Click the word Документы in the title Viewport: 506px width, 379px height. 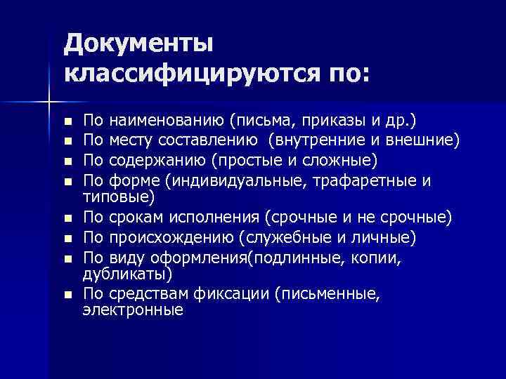138,44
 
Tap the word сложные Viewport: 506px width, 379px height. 342,161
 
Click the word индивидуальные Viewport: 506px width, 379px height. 223,181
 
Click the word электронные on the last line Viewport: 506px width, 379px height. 133,310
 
